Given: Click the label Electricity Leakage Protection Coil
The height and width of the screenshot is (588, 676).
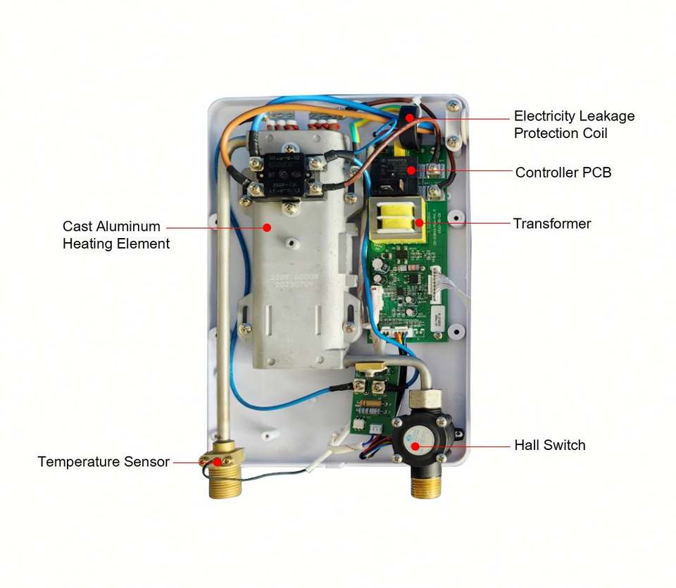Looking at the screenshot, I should pos(574,125).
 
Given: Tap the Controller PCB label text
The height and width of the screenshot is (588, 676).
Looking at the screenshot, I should pos(563,173).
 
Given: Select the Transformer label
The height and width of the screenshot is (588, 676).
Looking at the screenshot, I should pos(551,224).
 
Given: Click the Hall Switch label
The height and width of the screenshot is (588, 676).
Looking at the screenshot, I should pos(549,445).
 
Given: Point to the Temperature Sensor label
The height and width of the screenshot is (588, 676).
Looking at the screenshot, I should pos(104,462).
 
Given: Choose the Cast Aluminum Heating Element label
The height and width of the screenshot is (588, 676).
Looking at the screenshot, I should pos(116,235).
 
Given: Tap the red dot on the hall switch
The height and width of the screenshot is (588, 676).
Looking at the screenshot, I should pos(415,445).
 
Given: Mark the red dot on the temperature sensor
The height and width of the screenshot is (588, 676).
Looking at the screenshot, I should pos(218,462).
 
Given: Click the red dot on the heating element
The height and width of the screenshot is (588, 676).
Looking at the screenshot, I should pos(267,227).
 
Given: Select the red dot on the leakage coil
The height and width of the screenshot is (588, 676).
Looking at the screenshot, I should pos(407,118).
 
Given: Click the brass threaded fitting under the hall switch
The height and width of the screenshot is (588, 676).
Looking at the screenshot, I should pos(425,484).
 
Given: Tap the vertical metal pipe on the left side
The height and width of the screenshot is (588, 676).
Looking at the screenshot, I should pos(223,296).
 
